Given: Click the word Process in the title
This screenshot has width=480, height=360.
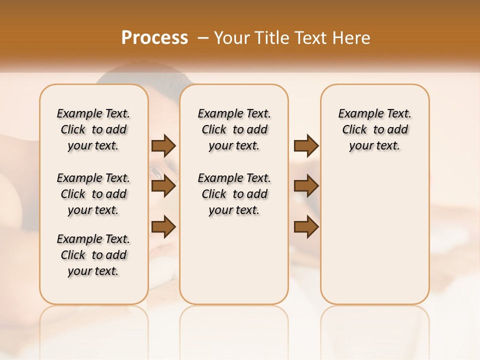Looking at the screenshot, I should click(154, 37).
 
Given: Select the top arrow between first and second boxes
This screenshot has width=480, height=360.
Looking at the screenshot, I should click(163, 145).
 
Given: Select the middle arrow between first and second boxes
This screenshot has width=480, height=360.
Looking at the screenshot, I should click(163, 186).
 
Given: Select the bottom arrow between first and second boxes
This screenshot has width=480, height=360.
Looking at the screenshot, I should click(163, 227).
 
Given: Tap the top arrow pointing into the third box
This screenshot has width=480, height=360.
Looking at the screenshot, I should click(306, 145).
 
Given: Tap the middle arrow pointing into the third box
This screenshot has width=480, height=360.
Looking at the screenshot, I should click(306, 186).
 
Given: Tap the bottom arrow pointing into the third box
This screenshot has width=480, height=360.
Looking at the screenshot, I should click(306, 227).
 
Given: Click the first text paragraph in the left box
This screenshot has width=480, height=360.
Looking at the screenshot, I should click(93, 129).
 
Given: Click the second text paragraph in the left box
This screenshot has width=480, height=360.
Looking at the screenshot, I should click(93, 194).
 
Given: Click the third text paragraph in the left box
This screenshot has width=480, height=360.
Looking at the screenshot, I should click(93, 255).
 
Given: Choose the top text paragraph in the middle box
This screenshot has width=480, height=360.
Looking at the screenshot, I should click(234, 129).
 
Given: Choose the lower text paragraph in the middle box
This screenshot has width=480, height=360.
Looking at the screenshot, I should click(234, 194).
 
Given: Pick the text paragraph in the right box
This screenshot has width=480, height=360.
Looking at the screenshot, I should click(374, 129).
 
